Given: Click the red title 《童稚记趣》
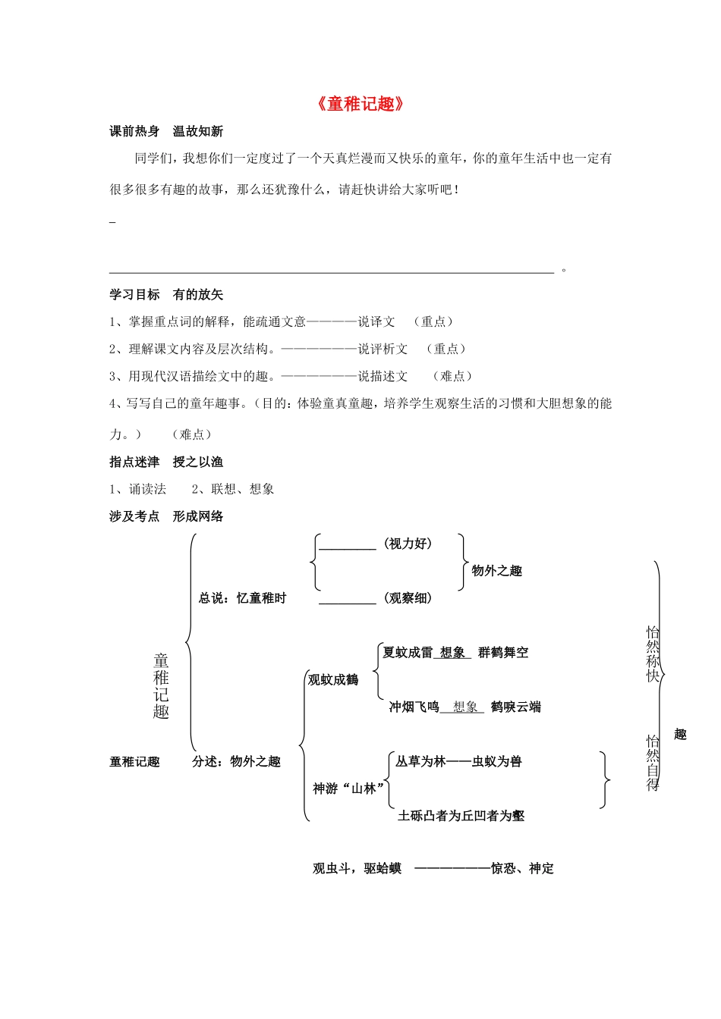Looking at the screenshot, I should tap(360, 104).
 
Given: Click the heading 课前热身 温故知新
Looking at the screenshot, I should tap(166, 131).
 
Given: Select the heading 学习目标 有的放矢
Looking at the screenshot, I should tap(166, 294).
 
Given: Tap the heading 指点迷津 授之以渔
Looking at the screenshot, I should tap(166, 462).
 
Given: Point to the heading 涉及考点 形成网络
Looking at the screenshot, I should tap(166, 516).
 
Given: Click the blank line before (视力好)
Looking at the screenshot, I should tap(348, 547).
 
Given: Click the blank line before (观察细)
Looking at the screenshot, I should tap(348, 601).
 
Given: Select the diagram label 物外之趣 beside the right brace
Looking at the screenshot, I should tap(497, 571).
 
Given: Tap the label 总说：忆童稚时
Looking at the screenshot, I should tap(243, 598).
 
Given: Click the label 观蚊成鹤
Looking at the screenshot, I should tap(333, 680).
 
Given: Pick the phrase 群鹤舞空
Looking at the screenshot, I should tap(503, 653).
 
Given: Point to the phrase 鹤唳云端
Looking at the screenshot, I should tap(516, 707).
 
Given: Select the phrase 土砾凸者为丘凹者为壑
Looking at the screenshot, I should tap(461, 817).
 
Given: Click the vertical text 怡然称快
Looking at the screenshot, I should tap(653, 654).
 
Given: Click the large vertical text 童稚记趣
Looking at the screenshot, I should tap(161, 685).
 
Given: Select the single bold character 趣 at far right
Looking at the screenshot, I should tap(680, 734).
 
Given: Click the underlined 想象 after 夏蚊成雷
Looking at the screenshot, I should tap(452, 653).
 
